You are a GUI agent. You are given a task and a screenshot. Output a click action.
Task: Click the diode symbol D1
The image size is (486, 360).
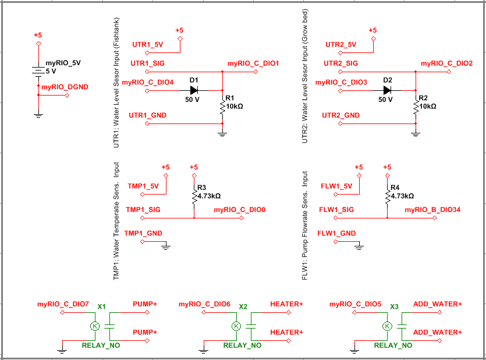coord(194,90)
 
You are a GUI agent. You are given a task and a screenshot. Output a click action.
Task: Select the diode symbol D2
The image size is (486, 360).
coord(387,90)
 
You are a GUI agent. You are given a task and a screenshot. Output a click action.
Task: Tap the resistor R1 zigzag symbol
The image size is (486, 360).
coord(222,108)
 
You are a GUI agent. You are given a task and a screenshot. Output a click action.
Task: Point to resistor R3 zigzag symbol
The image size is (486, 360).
coord(194,196)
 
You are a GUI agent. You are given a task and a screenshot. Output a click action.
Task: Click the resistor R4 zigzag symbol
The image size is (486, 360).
coord(387,196)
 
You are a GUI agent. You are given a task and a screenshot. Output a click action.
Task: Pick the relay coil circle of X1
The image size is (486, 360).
coord(95,326)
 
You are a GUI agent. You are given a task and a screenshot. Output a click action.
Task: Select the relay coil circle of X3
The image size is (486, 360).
coord(387,326)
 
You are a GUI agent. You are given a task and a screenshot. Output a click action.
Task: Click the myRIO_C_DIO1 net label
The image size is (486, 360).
coord(253,63)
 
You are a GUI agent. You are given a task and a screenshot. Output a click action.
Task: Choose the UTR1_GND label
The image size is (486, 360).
coord(147,115)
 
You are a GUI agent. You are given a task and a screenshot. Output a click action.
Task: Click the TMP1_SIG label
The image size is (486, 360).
coord(143,210)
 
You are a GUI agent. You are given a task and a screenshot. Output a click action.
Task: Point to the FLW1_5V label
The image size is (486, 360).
coord(336,186)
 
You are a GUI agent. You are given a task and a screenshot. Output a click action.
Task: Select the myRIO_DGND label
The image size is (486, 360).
coord(65,87)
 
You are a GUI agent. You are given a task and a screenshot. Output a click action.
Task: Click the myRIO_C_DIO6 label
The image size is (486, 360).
coord(204,304)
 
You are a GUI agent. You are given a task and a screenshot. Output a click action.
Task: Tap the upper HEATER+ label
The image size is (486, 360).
coord(286,304)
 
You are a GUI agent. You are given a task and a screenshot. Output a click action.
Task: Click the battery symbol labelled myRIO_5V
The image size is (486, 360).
coord(38,70)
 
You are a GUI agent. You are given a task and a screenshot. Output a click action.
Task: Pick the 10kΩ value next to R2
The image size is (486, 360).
coord(428,107)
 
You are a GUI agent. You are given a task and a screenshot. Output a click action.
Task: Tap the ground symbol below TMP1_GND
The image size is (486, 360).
coord(166,247)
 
